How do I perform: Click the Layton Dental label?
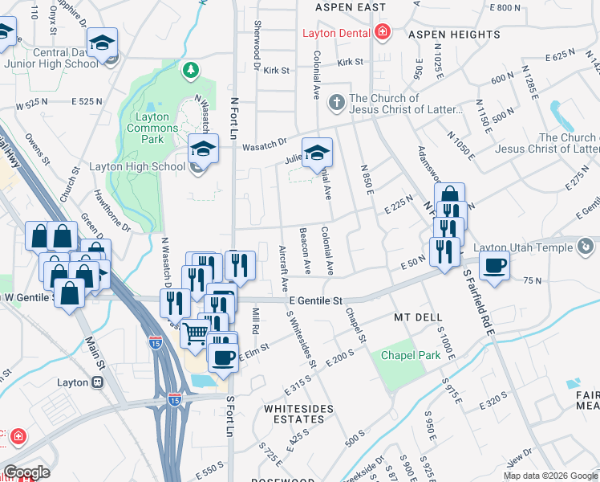pos(336,33)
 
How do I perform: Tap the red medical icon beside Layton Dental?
pos(383,33)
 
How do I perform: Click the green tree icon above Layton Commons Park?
pos(191,71)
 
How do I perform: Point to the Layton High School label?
pos(145,167)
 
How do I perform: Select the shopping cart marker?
pos(195,333)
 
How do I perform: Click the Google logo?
pos(26,472)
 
